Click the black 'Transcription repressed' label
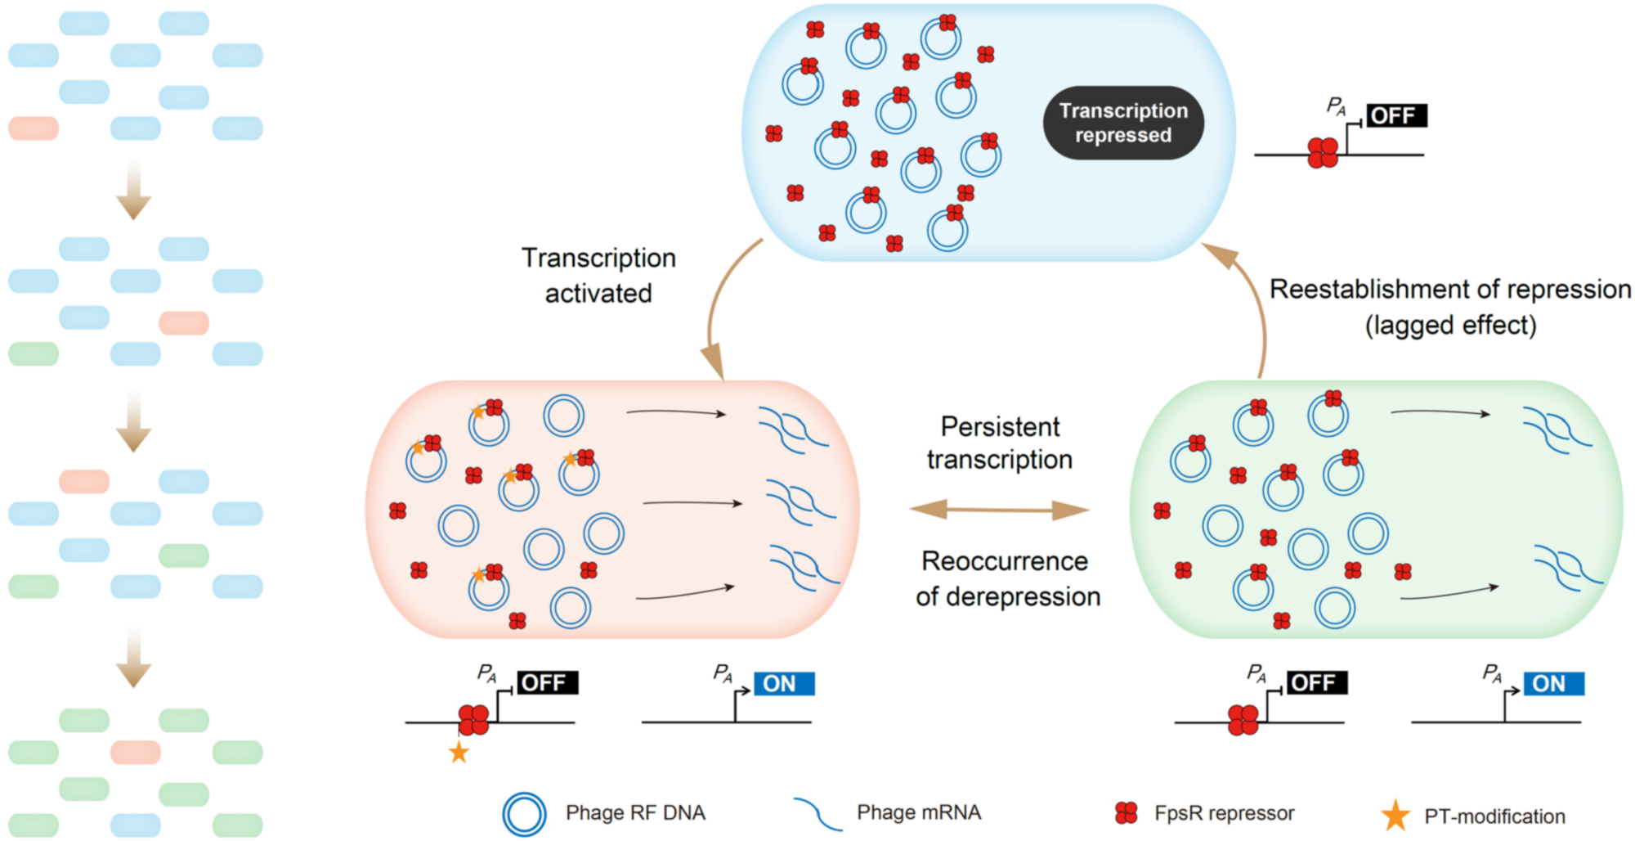pos(1122,123)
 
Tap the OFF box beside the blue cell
pos(1395,116)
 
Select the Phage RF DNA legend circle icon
pos(524,814)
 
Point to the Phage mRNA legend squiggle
pos(817,814)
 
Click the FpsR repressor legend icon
pos(1127,812)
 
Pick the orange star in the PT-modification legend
pos(1395,816)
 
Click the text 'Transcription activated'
pos(598,276)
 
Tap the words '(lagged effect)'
pos(1450,326)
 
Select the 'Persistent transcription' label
pos(999,443)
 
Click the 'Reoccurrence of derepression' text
pos(1007,579)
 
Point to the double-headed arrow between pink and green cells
pos(999,510)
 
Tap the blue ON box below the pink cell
pos(784,684)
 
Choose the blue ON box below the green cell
pos(1553,684)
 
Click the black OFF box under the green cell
pos(1316,683)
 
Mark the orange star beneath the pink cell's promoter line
pos(459,752)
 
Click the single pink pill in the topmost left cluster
pos(34,128)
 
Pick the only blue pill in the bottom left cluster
pos(136,825)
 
